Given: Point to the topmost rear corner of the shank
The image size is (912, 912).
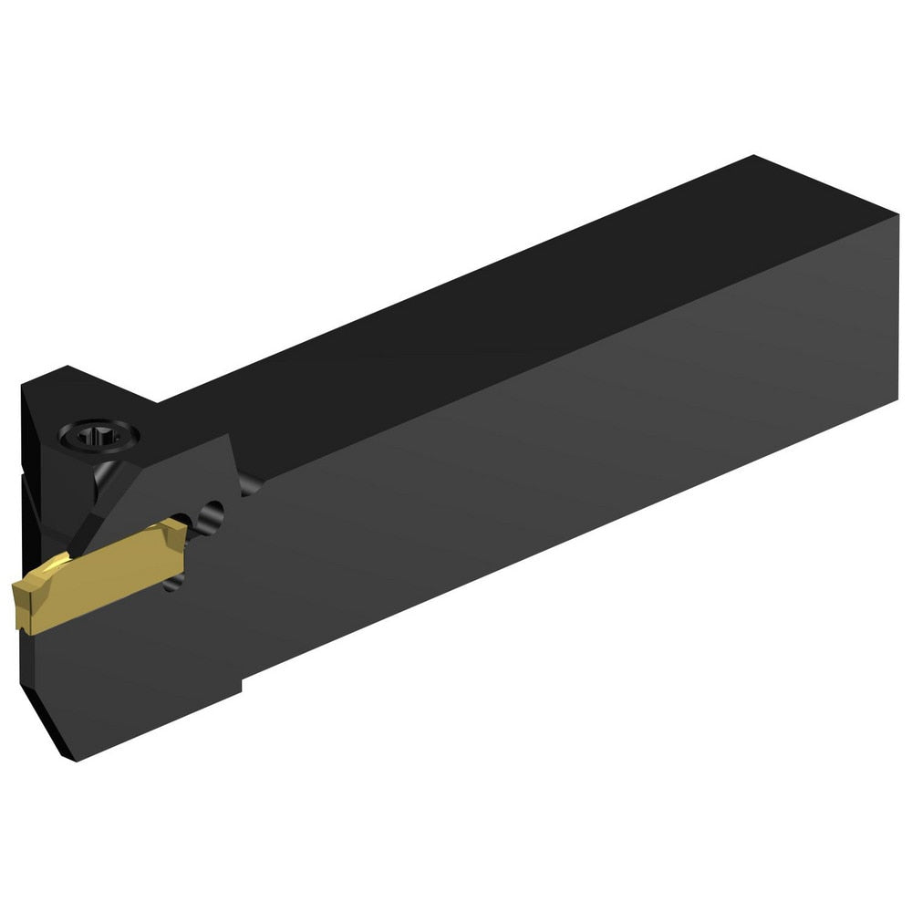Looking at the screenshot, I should [753, 157].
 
